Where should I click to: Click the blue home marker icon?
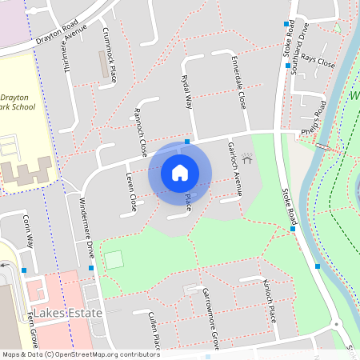click(180, 172)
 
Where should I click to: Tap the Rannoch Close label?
click(141, 131)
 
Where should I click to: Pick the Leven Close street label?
click(131, 192)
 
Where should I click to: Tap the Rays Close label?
click(314, 62)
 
